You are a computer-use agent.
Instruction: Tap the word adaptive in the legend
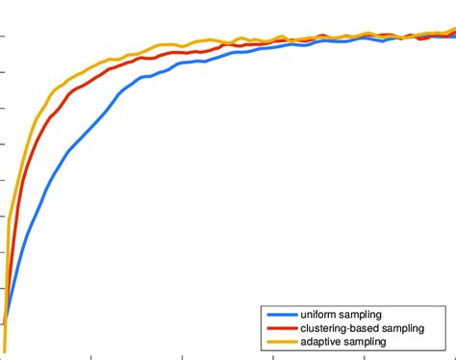click(x=321, y=342)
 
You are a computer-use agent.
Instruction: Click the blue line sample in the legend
click(x=280, y=315)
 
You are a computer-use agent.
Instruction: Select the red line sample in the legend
click(x=280, y=328)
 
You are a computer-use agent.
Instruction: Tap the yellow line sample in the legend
click(x=280, y=342)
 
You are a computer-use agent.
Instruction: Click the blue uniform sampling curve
click(x=96, y=125)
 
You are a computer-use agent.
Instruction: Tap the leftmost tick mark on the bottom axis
click(x=90, y=355)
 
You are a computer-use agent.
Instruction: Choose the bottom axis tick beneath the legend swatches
click(x=272, y=355)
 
